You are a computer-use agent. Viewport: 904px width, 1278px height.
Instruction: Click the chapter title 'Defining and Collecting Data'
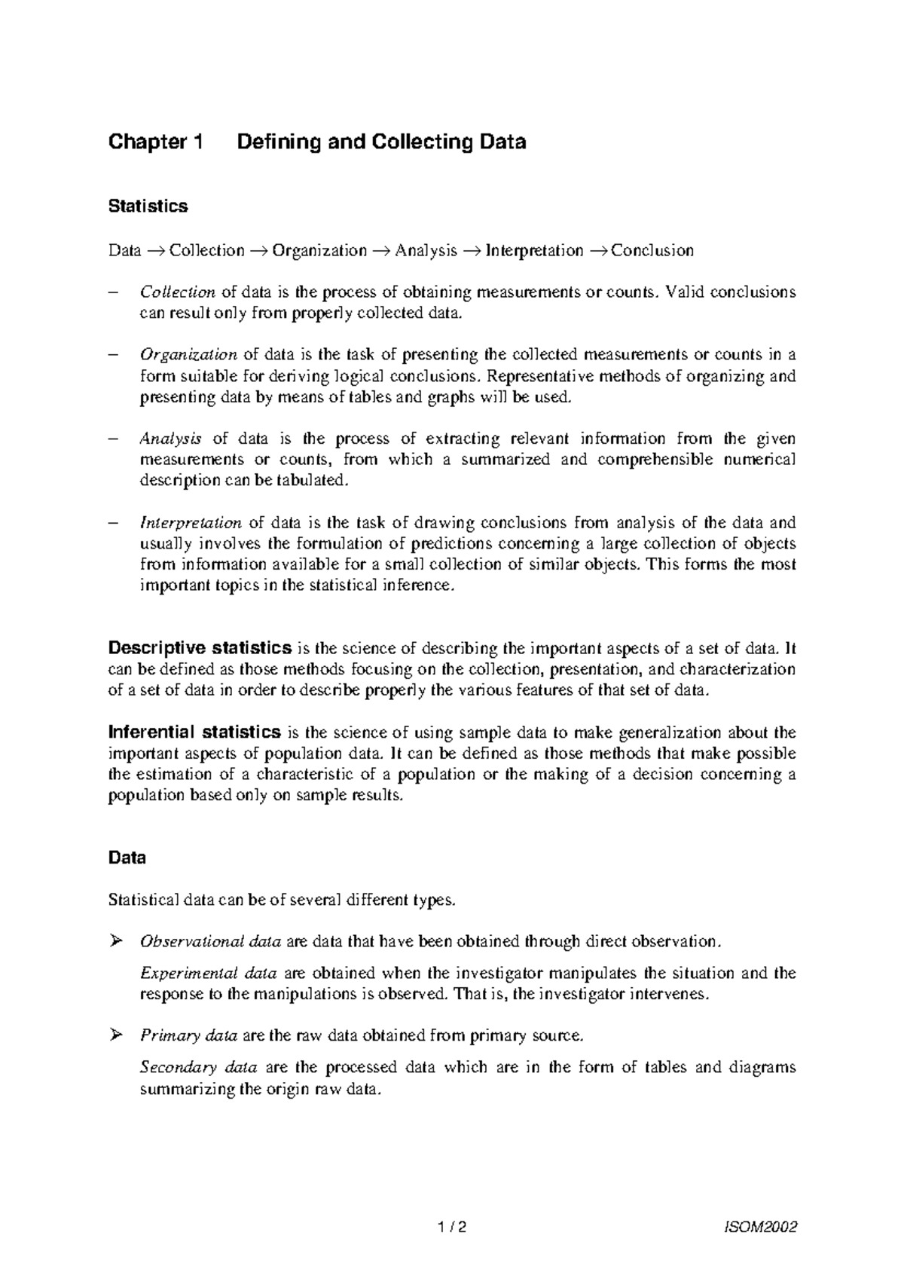pyautogui.click(x=381, y=142)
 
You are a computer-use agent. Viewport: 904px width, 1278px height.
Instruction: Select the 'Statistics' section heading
pyautogui.click(x=148, y=206)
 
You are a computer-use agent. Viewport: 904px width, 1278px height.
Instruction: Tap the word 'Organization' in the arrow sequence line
pyautogui.click(x=319, y=251)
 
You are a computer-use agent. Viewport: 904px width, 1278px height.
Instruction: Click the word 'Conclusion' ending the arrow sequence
pyautogui.click(x=652, y=251)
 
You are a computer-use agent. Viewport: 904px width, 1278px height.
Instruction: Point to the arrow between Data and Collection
pyautogui.click(x=155, y=251)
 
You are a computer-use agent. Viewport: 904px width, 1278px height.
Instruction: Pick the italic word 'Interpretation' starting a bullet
pyautogui.click(x=191, y=523)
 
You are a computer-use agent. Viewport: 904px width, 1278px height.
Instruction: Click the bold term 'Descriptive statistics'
pyautogui.click(x=200, y=647)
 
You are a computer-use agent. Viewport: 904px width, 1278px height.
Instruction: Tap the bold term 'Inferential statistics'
pyautogui.click(x=195, y=732)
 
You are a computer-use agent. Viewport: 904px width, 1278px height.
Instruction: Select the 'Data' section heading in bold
pyautogui.click(x=127, y=858)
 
